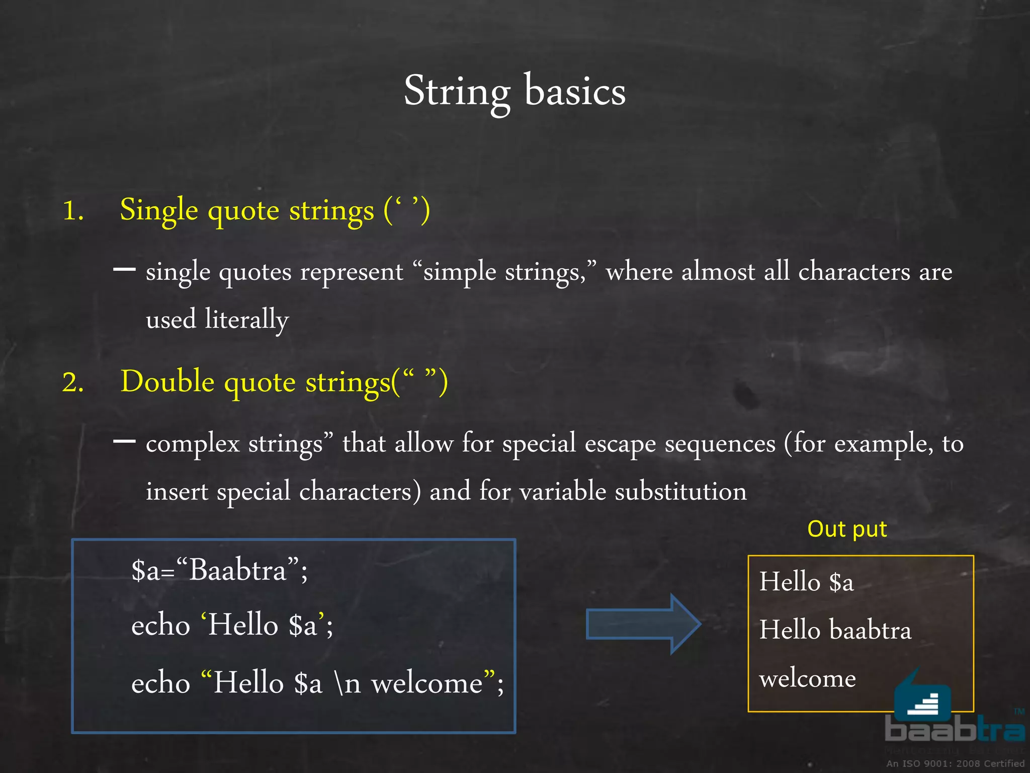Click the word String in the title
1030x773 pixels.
[457, 92]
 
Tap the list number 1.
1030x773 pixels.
[72, 210]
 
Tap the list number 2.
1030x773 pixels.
[72, 382]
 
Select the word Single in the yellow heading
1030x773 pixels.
[158, 210]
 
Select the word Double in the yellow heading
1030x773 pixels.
[167, 381]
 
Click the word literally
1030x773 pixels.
[246, 320]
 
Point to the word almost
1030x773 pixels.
[718, 272]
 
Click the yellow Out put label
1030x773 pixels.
[847, 529]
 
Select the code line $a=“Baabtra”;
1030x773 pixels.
[219, 571]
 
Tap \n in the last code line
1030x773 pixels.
[348, 683]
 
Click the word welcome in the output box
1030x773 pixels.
[807, 678]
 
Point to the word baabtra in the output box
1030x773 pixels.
[870, 630]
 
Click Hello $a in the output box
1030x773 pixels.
[806, 582]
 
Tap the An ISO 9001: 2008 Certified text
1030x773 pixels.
[955, 763]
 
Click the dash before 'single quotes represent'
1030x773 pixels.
[124, 270]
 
